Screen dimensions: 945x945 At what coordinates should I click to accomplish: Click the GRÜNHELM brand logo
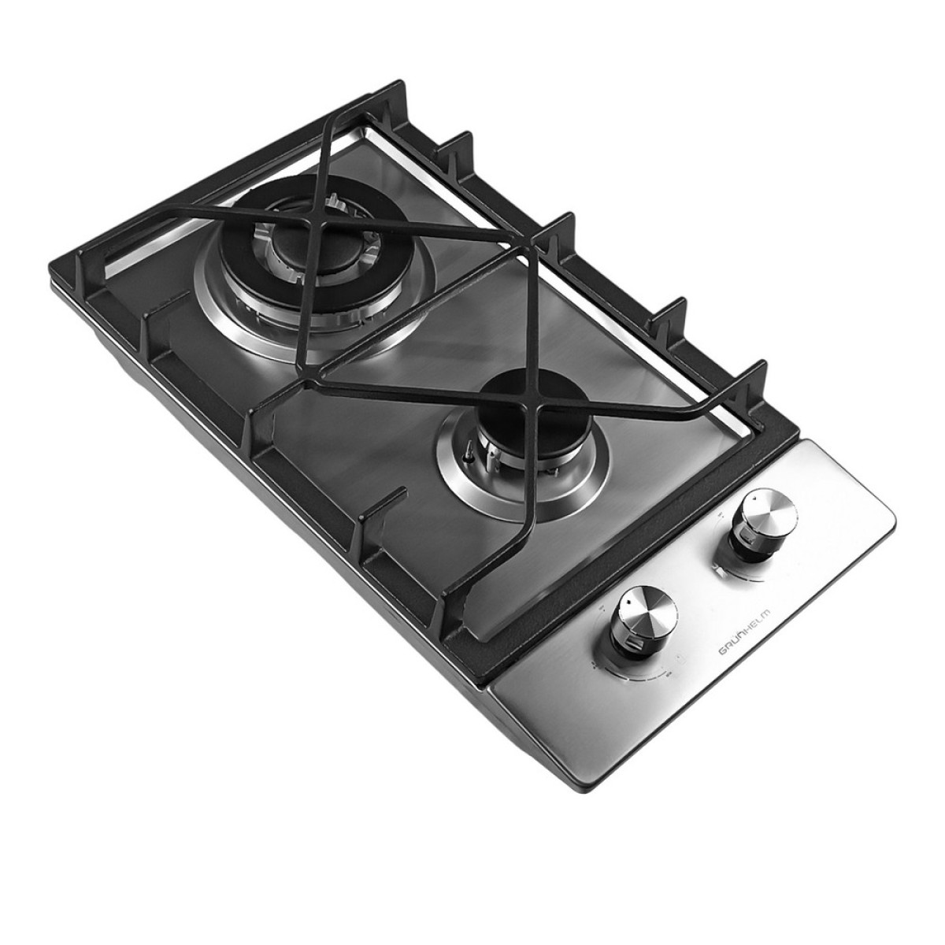(x=745, y=631)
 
